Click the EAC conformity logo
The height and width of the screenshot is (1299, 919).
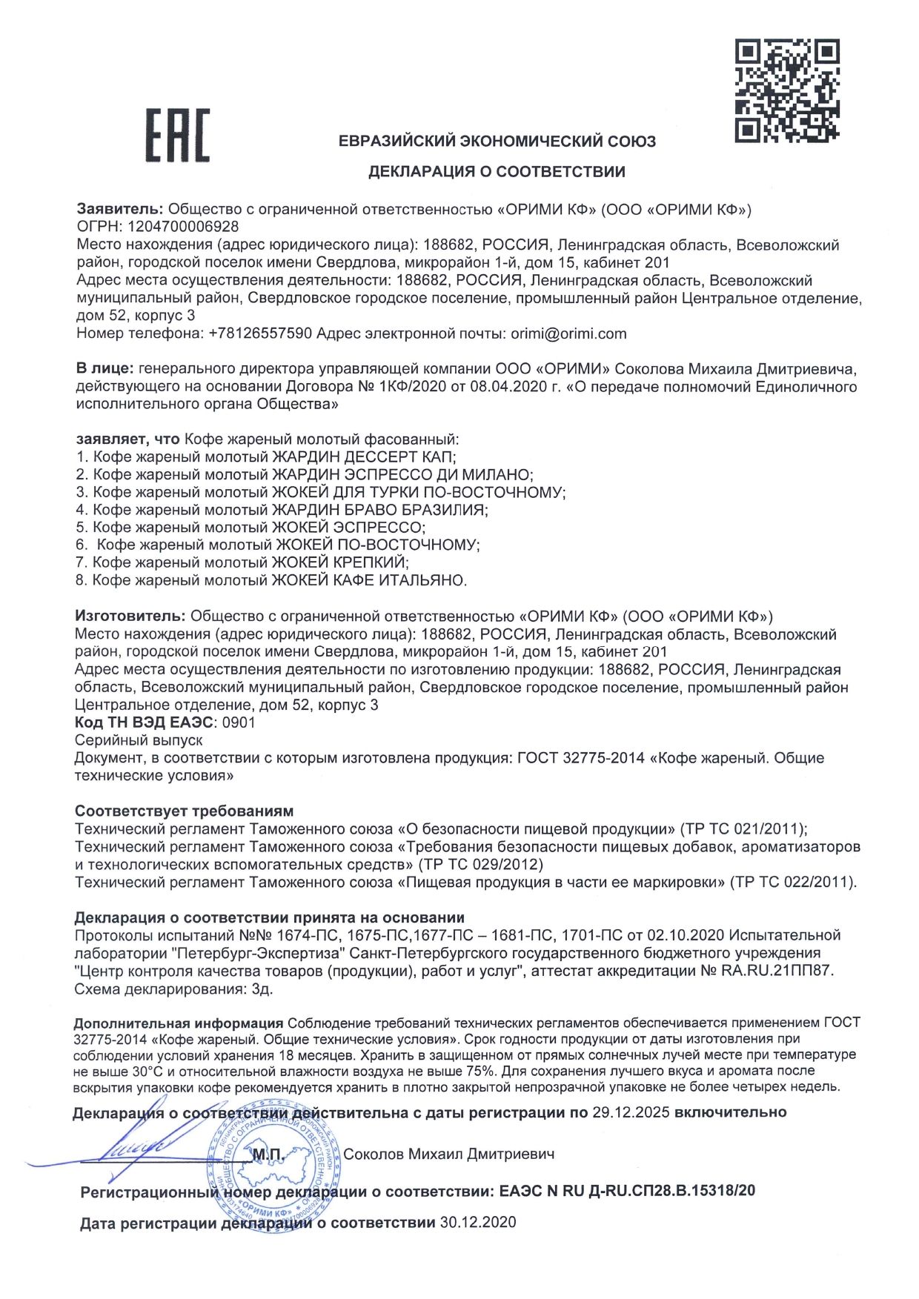[177, 135]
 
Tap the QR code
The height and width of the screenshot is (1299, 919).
[786, 91]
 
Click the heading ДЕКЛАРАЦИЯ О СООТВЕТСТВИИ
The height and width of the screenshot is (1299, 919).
[497, 172]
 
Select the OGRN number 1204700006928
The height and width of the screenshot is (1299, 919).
[184, 227]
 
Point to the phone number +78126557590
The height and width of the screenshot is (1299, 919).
[260, 333]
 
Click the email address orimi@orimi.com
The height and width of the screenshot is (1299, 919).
[568, 333]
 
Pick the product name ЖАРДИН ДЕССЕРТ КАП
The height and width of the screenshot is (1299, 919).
[364, 456]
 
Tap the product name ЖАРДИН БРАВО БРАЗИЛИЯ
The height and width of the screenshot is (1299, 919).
[379, 510]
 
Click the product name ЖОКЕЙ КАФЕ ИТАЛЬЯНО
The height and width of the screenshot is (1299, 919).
[368, 580]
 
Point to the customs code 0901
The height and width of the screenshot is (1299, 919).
[239, 722]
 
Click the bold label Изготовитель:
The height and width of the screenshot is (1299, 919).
[130, 616]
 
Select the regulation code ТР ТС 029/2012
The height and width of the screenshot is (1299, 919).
[481, 864]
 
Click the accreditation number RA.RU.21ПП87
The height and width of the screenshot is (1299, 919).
[777, 971]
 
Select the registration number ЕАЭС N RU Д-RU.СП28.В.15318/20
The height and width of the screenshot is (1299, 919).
[627, 1192]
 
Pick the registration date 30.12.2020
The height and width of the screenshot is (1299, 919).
[478, 1223]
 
